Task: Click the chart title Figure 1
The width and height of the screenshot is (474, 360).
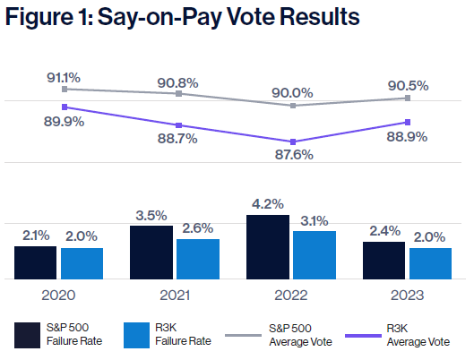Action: tap(182, 17)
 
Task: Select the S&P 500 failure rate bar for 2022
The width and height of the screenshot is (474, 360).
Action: tap(268, 247)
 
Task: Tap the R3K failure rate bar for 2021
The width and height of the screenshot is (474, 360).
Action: tap(198, 259)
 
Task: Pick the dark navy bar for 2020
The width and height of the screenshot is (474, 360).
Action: tap(35, 262)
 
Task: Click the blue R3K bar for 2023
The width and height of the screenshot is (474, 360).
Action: tap(430, 263)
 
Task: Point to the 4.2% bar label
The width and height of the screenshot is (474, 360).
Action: tap(268, 204)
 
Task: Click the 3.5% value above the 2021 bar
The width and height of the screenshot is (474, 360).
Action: tap(151, 216)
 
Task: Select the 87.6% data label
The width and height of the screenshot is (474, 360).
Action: tap(294, 155)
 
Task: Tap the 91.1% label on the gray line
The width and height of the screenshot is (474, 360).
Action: tap(64, 78)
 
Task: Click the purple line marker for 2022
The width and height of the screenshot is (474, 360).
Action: tap(293, 142)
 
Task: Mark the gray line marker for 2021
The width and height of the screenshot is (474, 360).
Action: tap(178, 94)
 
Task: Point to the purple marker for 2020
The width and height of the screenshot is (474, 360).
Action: tap(65, 107)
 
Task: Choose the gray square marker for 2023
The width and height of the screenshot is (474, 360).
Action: tap(408, 98)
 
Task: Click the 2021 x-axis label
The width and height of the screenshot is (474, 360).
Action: tap(175, 296)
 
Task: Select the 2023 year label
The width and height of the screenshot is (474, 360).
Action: tap(407, 296)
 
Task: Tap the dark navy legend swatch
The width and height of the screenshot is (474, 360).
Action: tap(27, 335)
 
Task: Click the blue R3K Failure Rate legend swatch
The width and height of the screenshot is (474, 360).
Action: tap(136, 335)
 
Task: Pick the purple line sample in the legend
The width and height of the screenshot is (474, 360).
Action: tap(363, 336)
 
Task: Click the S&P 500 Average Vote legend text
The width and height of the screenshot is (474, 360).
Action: tap(300, 335)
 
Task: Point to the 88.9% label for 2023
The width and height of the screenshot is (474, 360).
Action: tap(407, 137)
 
